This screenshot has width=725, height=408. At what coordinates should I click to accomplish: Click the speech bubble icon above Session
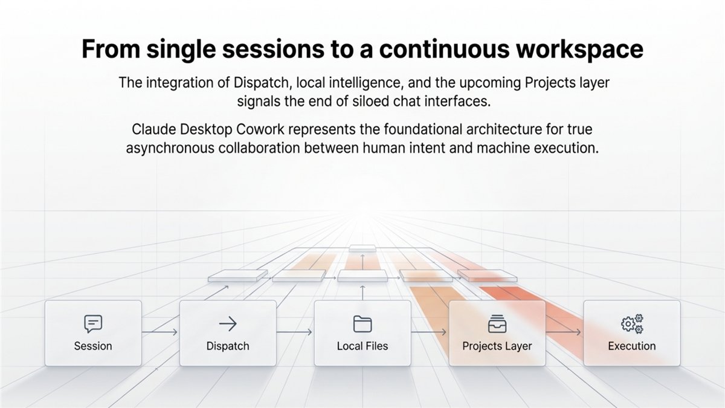pos(93,324)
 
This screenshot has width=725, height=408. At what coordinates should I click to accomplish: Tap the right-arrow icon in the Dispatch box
pos(228,323)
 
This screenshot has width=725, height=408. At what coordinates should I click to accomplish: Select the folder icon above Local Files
pos(362,324)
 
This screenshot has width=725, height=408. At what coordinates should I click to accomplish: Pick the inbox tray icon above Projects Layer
pos(497,324)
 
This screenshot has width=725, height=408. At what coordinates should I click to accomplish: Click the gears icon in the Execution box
pos(632,323)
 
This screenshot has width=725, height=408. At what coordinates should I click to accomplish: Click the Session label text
pos(93,346)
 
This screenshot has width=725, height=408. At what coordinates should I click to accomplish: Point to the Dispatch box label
pos(228,346)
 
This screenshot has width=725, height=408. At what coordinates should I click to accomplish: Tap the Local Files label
pos(362,346)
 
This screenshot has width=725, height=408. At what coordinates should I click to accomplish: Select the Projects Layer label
pos(497,346)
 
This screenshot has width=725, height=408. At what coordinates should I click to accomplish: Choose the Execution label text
pos(632,346)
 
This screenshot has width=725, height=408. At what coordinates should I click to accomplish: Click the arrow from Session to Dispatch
pos(159,332)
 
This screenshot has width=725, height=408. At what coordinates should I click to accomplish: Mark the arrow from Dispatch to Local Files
pos(294,332)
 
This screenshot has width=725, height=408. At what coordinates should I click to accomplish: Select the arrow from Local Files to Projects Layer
pos(429,332)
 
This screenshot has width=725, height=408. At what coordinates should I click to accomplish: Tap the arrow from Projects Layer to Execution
pos(564,332)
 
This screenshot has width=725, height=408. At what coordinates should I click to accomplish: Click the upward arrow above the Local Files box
pos(362,293)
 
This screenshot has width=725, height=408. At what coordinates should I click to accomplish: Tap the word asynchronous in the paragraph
pos(170,148)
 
